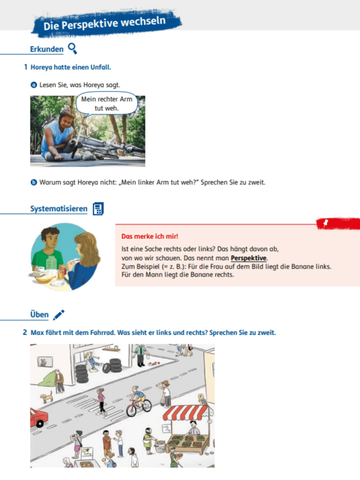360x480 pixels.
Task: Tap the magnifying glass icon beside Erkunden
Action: pos(72,49)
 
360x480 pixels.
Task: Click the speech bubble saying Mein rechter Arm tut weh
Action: pos(106,103)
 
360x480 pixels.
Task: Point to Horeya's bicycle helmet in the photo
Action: pos(67,112)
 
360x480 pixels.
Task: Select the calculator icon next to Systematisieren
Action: pos(98,209)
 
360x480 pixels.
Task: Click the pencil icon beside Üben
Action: pos(59,314)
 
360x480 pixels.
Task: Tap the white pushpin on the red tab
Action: pos(326,223)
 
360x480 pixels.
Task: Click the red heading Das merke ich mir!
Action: pos(149,236)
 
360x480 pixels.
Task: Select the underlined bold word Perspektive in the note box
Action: pos(248,258)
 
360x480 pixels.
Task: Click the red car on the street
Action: pos(38,418)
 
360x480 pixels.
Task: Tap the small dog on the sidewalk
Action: pos(47,397)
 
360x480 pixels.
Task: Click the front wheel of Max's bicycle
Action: pos(131,410)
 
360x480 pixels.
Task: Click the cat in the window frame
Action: pos(44,362)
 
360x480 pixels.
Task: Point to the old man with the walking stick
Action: pos(59,382)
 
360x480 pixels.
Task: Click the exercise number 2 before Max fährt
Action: pos(25,332)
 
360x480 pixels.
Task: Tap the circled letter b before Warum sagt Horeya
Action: pos(34,182)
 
